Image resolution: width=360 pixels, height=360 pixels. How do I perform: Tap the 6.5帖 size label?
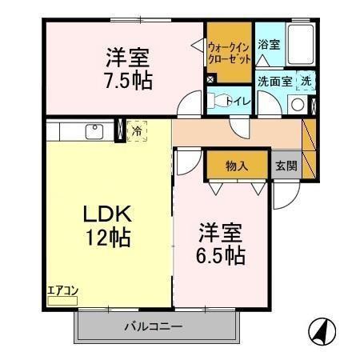(222, 256)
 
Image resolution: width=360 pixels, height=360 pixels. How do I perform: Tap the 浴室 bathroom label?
(269, 45)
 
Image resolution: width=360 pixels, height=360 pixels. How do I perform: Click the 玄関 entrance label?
(286, 166)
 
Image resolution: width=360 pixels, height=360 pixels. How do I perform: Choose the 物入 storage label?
(235, 166)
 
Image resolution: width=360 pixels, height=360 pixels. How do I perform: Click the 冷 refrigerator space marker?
(138, 130)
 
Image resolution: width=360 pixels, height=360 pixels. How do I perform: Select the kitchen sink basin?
(91, 130)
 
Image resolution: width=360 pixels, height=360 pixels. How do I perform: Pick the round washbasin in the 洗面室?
(297, 103)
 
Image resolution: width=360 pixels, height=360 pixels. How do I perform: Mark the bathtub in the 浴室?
(300, 46)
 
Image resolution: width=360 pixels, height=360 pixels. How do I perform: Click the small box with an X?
(210, 79)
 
